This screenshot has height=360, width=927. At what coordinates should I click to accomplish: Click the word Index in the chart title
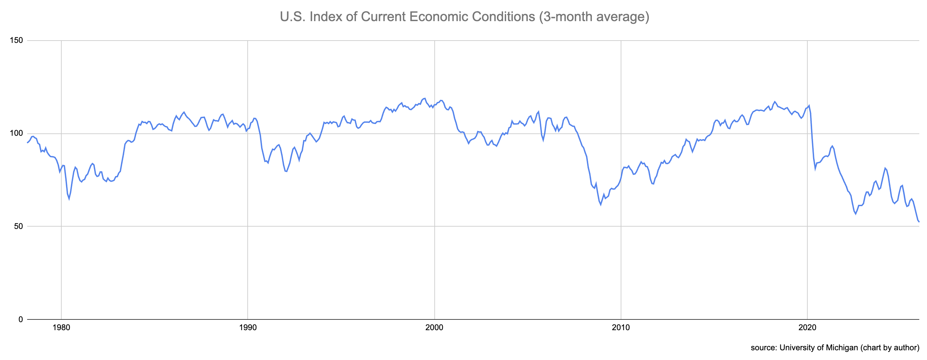click(326, 16)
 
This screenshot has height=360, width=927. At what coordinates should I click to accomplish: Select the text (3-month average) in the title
click(594, 16)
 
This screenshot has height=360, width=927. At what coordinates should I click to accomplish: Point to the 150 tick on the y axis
click(16, 40)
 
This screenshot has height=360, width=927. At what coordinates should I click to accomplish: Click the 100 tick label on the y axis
click(16, 133)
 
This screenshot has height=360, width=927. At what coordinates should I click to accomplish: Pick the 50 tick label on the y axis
click(18, 227)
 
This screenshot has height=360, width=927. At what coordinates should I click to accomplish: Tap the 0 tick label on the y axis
click(20, 319)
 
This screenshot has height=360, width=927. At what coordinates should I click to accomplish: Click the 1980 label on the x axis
click(61, 327)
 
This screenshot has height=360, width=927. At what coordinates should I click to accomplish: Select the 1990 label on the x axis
click(248, 327)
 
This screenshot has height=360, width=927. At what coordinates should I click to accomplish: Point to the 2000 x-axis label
click(434, 327)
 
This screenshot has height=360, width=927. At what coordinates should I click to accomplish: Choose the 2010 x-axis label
click(621, 327)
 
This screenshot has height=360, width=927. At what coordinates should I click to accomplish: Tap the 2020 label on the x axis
click(807, 327)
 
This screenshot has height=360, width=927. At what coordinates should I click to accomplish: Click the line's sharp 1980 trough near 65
click(69, 199)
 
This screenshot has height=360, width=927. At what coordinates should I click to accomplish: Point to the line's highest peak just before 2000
click(425, 98)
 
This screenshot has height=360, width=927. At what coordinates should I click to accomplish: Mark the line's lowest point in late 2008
click(600, 205)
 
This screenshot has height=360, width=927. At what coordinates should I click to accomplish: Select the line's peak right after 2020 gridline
click(809, 106)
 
